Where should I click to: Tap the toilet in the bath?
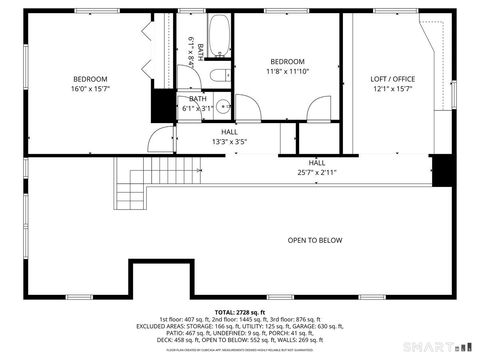218,77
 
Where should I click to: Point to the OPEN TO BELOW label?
315,240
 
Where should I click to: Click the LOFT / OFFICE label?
392,79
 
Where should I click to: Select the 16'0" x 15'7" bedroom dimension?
90,89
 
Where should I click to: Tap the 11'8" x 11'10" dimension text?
288,71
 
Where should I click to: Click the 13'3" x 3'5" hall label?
229,141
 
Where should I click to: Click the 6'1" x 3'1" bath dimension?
198,108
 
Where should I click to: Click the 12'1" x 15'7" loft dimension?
392,89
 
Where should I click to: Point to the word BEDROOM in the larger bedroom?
90,79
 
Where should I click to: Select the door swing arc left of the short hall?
161,140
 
